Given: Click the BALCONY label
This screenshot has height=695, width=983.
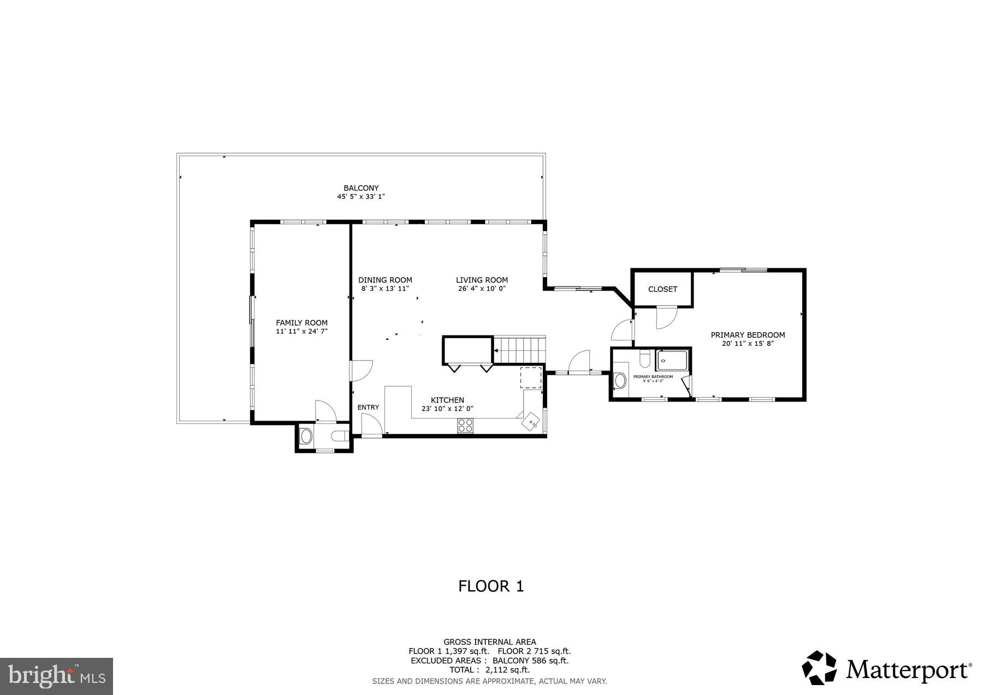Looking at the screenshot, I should tap(361, 188).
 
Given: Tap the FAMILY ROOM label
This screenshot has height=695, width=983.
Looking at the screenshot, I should tap(301, 323).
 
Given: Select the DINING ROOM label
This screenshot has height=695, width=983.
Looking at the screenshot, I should tap(385, 280).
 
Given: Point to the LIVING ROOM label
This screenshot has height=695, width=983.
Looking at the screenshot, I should tap(482, 280).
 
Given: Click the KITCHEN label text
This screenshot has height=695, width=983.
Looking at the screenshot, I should tap(447, 400).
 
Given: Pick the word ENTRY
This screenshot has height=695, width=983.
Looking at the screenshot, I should tap(368, 407).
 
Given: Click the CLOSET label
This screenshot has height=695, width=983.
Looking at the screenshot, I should tap(662, 289).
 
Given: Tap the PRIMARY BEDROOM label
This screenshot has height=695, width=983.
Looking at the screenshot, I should tap(748, 335).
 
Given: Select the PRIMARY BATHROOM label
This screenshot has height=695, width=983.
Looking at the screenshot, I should tap(653, 376).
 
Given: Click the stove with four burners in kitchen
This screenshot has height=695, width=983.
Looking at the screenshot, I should tap(465, 426).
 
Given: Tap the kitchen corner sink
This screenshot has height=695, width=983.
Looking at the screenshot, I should tap(531, 422).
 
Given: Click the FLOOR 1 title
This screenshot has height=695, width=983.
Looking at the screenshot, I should tap(491, 586).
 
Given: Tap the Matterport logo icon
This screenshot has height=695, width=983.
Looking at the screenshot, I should tap(819, 667).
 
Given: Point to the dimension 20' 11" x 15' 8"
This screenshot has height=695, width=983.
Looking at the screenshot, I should tap(748, 344).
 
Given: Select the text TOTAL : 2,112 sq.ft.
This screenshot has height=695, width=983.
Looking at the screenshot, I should tap(489, 669).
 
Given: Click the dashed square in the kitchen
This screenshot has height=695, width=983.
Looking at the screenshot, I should tap(530, 377).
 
